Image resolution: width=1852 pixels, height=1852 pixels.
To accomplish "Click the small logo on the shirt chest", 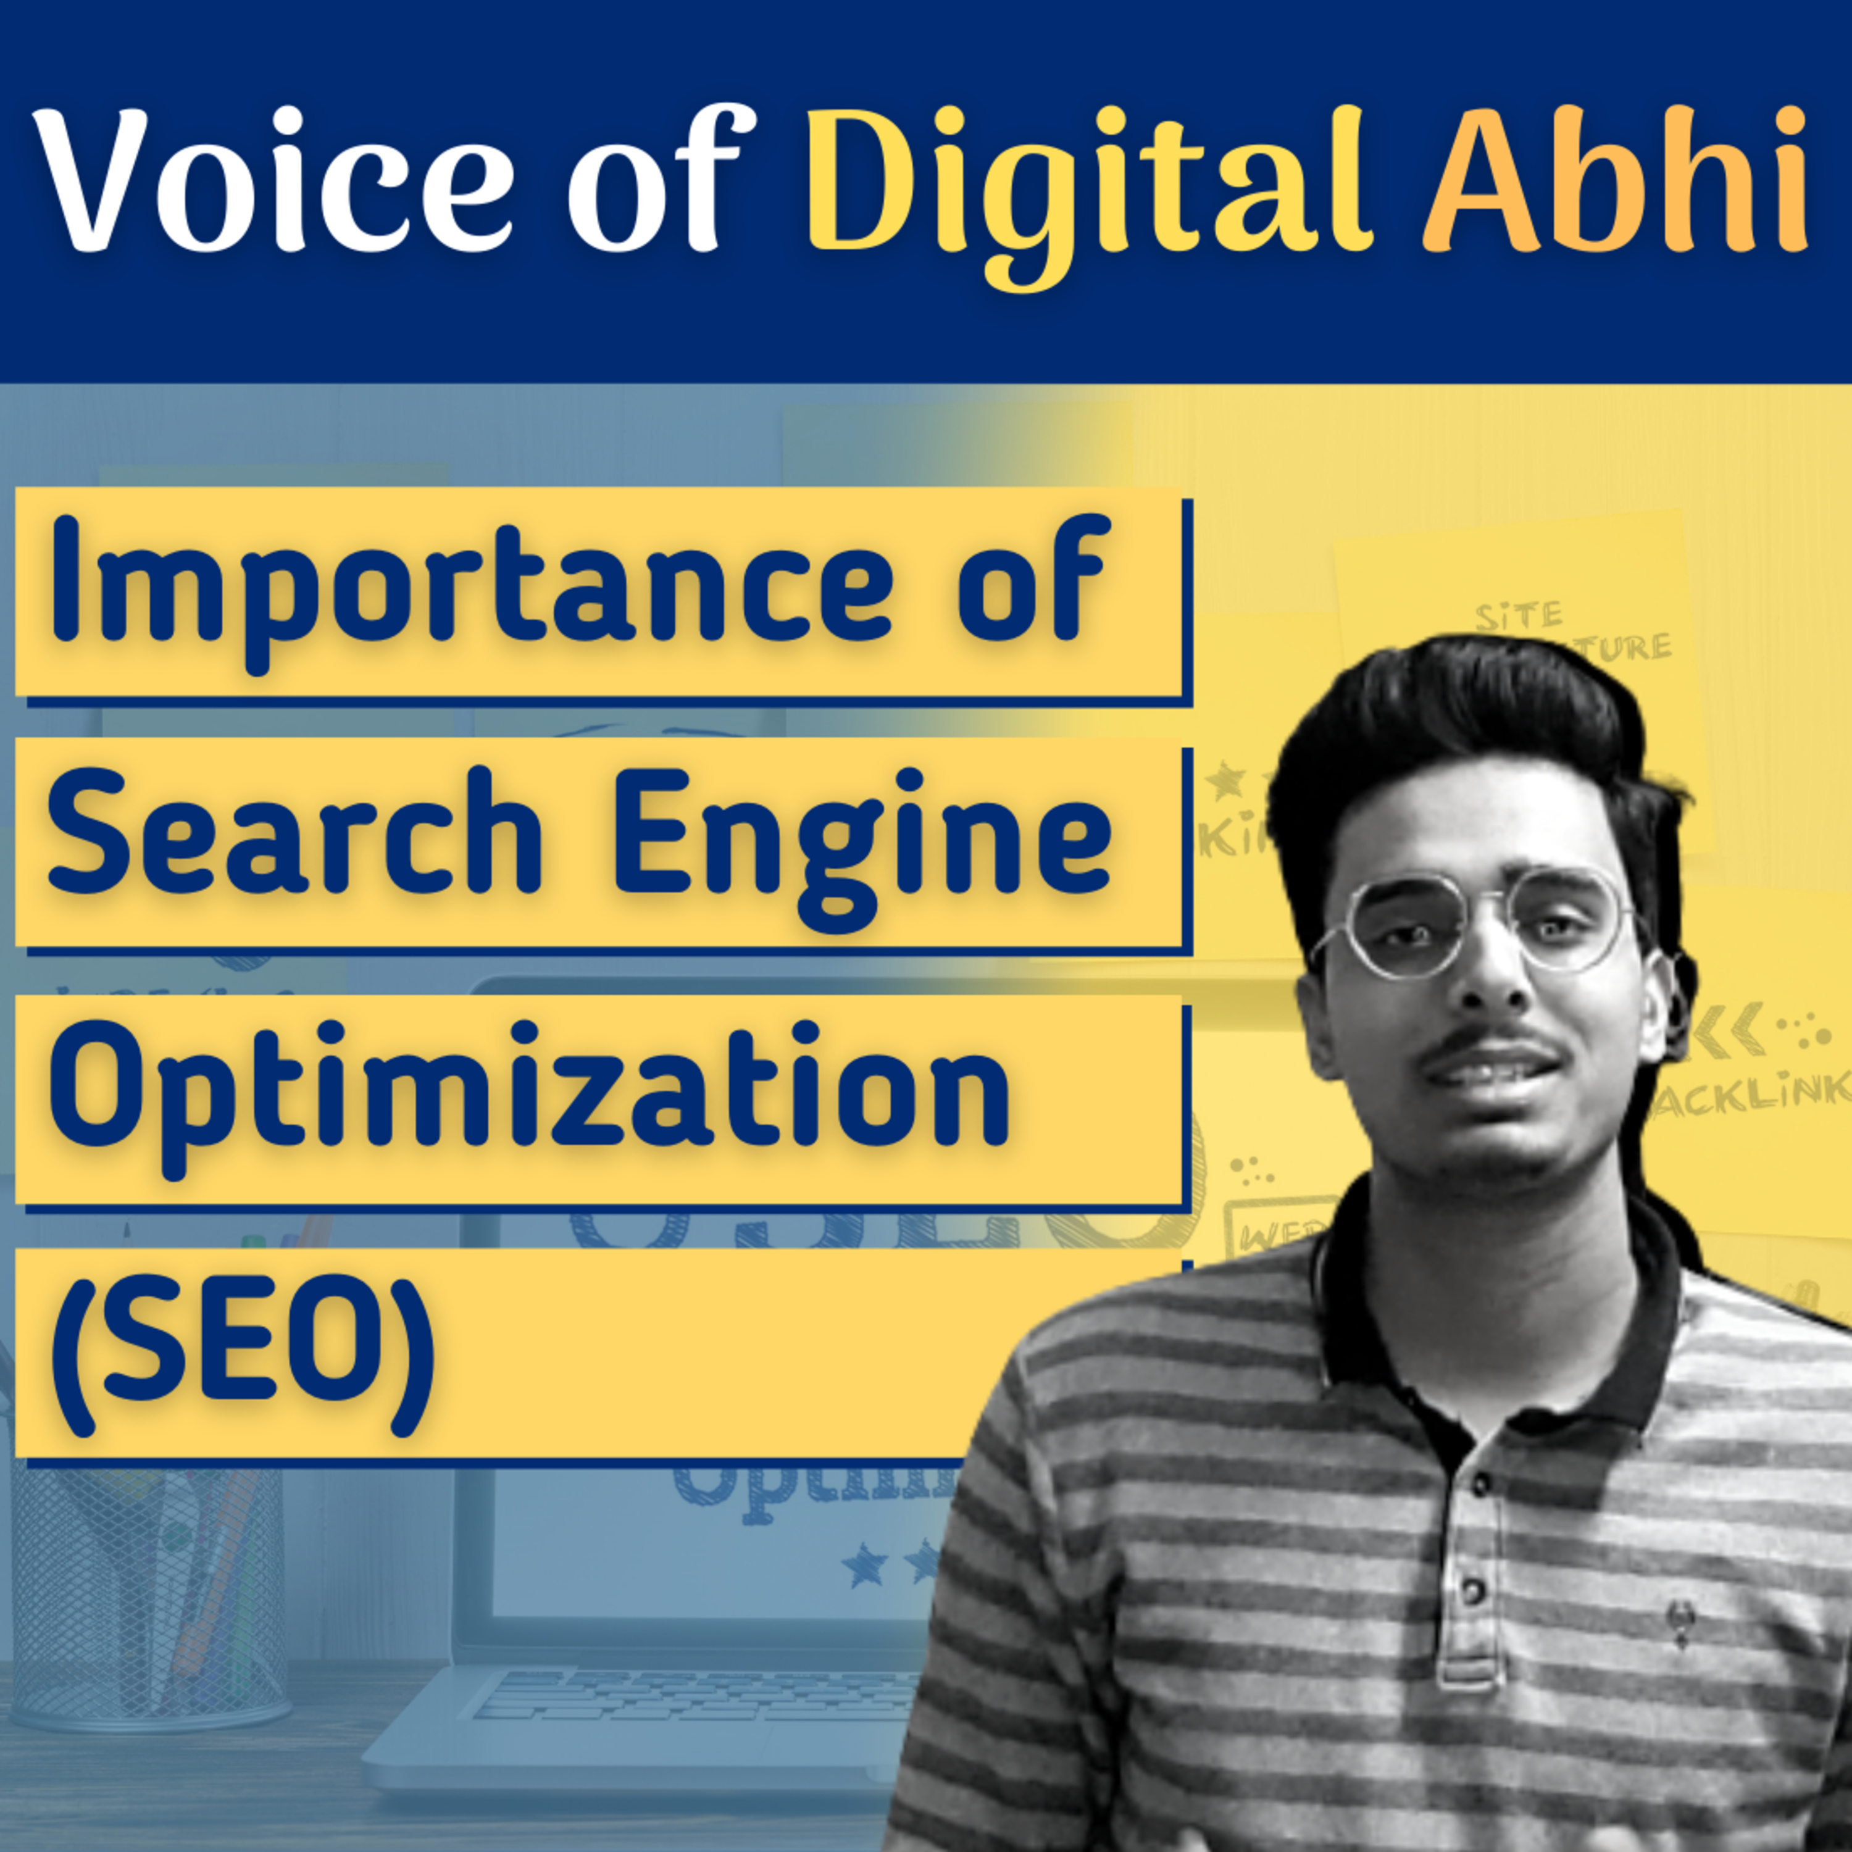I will tap(1682, 1620).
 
